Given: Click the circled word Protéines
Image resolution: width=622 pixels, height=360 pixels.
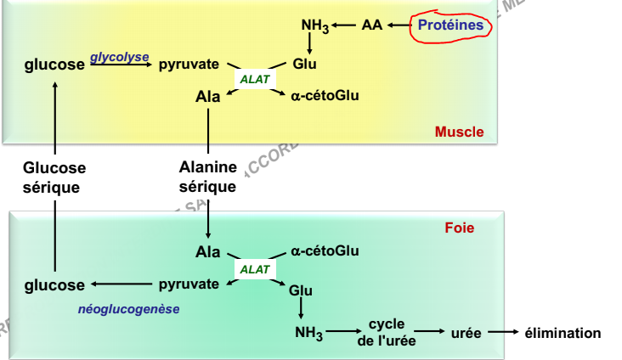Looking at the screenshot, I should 450,25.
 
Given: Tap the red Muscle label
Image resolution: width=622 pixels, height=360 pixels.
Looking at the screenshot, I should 459,132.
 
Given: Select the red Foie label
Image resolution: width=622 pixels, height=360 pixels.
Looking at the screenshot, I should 459,228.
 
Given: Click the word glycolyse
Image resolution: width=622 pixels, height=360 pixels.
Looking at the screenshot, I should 120,57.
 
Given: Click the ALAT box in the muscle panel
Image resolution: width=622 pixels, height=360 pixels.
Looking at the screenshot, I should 254,80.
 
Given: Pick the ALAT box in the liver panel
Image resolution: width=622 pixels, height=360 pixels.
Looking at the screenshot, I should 254,269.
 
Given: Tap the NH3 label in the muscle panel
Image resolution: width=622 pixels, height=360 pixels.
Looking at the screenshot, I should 314,26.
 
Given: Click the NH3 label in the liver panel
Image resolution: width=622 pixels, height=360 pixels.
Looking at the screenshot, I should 308,334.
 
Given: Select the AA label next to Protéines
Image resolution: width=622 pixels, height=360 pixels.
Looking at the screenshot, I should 371,25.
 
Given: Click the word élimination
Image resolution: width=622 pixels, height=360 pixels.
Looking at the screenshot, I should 563,333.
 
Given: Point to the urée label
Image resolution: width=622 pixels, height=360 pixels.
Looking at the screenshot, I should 466,333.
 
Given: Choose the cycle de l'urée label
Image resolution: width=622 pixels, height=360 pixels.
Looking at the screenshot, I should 387,333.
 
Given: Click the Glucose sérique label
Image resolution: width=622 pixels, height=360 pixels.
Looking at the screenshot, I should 54,177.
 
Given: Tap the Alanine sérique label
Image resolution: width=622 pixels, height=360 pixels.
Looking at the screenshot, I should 208,177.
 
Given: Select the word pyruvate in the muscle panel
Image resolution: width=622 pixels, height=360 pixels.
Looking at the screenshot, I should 189,65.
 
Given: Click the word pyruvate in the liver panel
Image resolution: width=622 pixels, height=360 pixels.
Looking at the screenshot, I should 189,284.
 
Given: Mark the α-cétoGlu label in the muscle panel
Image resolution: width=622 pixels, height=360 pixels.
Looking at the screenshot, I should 325,96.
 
